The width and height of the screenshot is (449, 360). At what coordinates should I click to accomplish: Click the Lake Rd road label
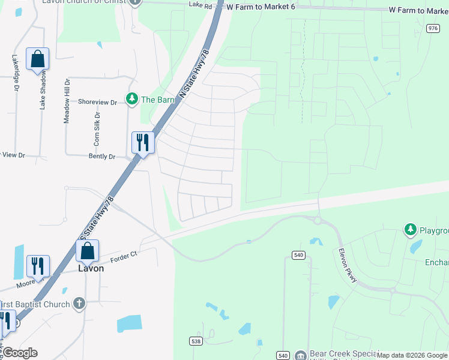click(200, 6)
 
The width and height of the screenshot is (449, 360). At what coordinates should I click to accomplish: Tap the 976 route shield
click(433, 28)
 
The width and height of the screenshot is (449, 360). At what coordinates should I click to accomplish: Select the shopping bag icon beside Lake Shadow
click(37, 59)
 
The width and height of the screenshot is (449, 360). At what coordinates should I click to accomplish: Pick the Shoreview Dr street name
click(97, 102)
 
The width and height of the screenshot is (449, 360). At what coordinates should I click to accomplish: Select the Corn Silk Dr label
click(96, 129)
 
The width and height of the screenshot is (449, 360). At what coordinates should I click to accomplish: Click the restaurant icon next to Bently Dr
click(143, 142)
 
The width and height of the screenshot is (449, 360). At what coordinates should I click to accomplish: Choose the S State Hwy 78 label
click(97, 215)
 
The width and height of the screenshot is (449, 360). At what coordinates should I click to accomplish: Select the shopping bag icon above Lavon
click(88, 251)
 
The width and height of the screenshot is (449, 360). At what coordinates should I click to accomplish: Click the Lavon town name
click(91, 268)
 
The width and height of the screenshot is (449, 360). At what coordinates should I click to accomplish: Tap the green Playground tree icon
click(410, 229)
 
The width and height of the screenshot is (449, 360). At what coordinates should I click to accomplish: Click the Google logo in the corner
click(20, 353)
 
